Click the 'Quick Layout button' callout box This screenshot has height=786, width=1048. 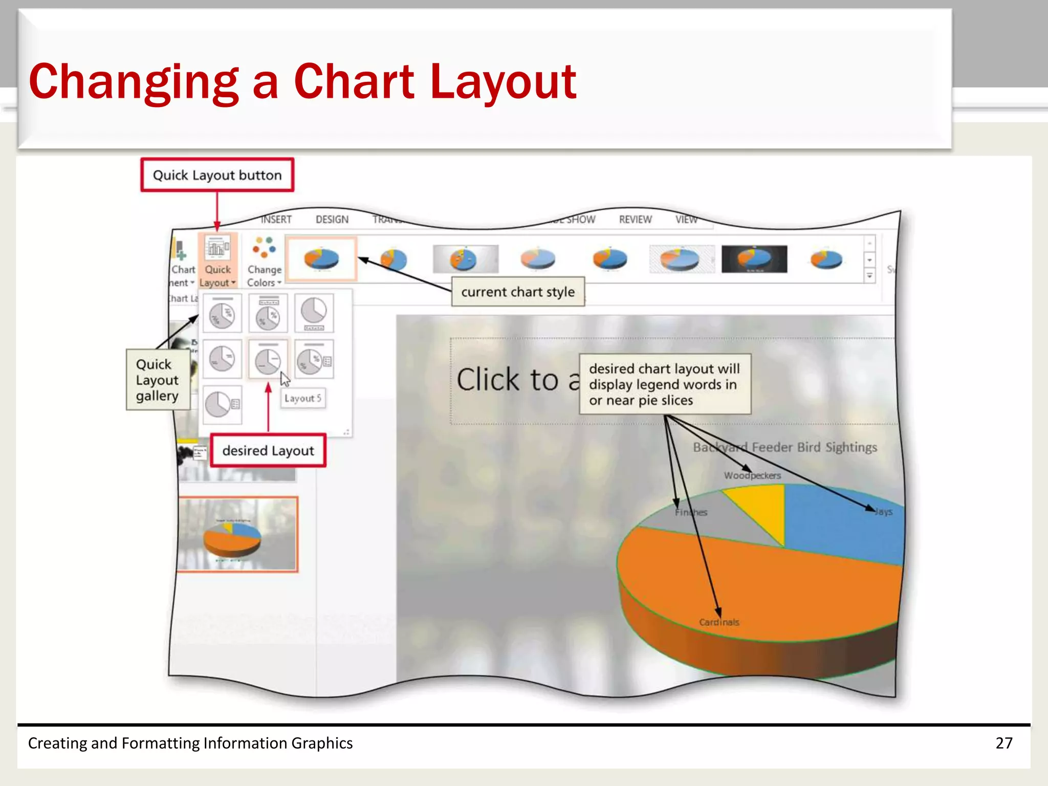217,175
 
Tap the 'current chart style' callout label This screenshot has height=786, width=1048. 518,292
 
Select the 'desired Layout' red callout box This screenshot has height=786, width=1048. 268,451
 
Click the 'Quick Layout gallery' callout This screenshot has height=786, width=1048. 158,380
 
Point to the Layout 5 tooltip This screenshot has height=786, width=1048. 303,398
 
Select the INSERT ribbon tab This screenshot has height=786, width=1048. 276,220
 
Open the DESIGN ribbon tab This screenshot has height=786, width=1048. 332,220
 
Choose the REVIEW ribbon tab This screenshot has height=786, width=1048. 636,220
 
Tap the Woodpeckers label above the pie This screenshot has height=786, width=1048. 752,475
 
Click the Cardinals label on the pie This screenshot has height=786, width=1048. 719,622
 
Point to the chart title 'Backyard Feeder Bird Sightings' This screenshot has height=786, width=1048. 785,447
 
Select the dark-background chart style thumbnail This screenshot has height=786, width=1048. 754,259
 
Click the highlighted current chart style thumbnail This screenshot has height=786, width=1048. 321,259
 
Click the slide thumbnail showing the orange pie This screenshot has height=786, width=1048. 237,534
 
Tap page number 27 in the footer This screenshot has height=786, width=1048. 1004,743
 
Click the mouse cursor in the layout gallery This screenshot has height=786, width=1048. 285,379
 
